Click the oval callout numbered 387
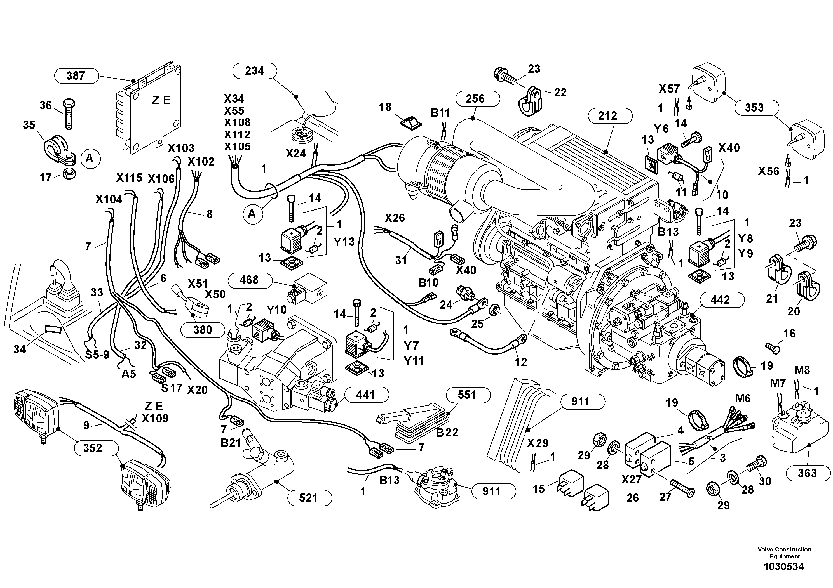point(76,76)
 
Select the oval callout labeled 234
point(254,70)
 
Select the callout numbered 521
point(308,498)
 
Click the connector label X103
point(181,148)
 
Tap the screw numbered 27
point(681,486)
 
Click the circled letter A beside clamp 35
point(89,159)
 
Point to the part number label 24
point(446,304)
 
